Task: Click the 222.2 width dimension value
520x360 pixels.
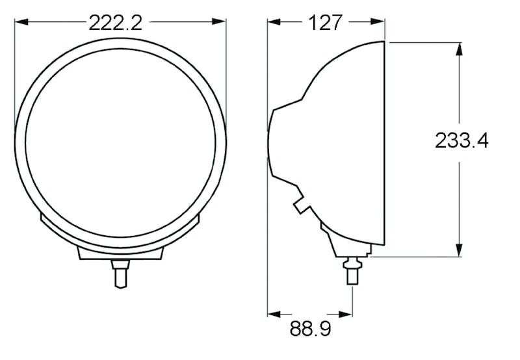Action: pos(115,23)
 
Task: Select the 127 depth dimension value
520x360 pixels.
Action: pos(326,23)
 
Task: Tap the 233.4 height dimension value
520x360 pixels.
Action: pos(461,140)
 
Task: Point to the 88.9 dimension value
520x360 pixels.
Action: pos(310,328)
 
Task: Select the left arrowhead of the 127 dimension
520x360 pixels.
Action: pos(274,23)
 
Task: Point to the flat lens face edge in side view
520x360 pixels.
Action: pos(386,149)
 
